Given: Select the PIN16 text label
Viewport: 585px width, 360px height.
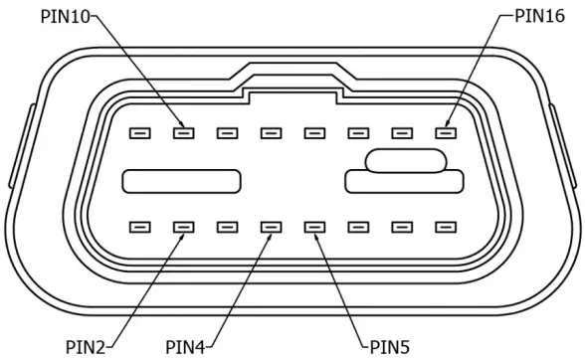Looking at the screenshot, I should [x=539, y=15].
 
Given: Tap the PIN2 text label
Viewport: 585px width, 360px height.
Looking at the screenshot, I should [x=86, y=346].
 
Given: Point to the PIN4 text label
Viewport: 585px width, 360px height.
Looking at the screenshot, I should [x=185, y=346].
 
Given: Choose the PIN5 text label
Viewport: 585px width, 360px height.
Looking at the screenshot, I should [x=389, y=346].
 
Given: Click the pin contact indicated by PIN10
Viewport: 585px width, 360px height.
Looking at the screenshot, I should [x=183, y=132].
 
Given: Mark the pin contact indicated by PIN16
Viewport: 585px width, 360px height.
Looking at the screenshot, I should [x=446, y=132].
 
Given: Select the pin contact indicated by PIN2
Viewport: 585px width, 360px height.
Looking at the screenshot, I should [x=183, y=227].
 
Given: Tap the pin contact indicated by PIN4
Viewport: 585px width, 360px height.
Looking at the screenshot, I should [x=271, y=227].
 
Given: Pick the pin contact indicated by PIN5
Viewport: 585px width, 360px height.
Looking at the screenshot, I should [x=314, y=227].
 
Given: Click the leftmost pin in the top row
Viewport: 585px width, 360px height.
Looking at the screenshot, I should [x=139, y=132].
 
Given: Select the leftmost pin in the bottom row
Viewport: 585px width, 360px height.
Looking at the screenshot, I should [x=139, y=227].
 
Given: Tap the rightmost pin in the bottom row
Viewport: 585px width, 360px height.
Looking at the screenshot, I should [x=446, y=227].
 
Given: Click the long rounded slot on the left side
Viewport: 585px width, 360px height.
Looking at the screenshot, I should [x=182, y=181].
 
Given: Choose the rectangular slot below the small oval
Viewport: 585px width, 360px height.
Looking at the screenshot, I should [x=405, y=182].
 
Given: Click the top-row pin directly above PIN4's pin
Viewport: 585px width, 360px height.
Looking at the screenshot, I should [x=271, y=132].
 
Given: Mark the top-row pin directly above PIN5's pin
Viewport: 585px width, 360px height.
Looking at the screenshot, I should [x=314, y=132].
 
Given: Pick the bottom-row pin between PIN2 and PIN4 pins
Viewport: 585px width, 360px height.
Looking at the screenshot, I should [x=227, y=227].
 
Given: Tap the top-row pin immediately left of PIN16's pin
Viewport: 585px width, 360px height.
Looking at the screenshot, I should [x=402, y=132].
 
